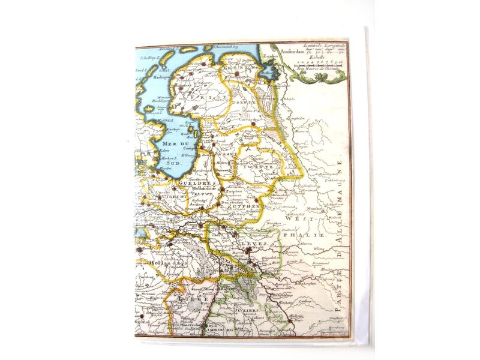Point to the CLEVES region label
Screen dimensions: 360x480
256,243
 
